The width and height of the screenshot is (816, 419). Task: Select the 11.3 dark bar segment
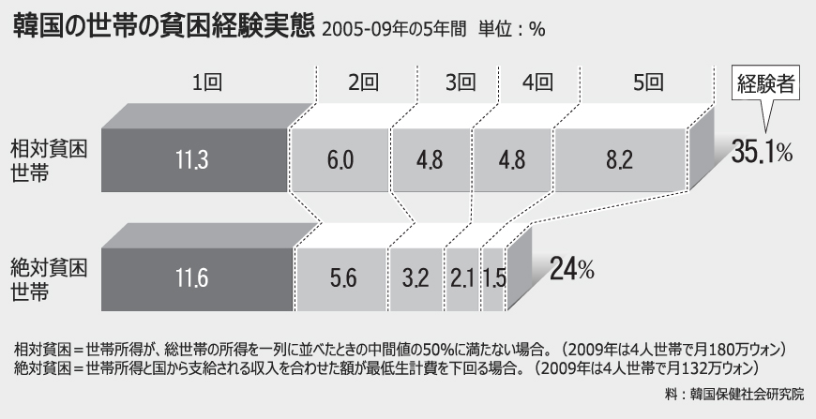coord(194,158)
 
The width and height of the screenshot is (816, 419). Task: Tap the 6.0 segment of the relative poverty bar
coord(340,158)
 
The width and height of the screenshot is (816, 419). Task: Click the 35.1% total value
coord(762,152)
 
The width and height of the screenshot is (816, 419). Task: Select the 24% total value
coord(571,269)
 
